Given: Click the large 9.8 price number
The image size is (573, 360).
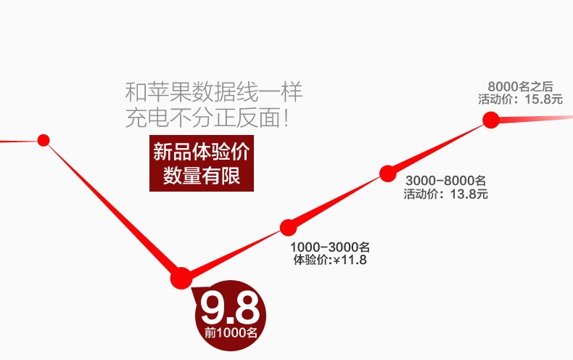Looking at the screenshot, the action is pos(229,308).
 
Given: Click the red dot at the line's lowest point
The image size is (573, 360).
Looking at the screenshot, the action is pos(181,277).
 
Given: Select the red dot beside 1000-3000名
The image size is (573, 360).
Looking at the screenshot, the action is pos(288,227).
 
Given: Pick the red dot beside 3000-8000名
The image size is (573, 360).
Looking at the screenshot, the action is pos(387,173).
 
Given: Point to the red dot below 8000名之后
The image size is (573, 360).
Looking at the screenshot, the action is pos(491,120).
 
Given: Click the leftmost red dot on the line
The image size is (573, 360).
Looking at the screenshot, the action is pos(44,140).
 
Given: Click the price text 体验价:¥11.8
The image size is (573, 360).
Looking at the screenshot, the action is pos(330,260).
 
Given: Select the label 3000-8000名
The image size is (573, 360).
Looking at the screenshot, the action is pos(445,181).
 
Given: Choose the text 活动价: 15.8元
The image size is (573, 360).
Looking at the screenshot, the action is pos(520,99).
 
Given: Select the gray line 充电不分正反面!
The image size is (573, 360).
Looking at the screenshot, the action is pos(208,117).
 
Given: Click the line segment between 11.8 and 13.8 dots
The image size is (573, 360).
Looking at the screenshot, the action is pos(337,200).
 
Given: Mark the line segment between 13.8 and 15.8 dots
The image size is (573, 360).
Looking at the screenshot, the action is pos(439,146).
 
